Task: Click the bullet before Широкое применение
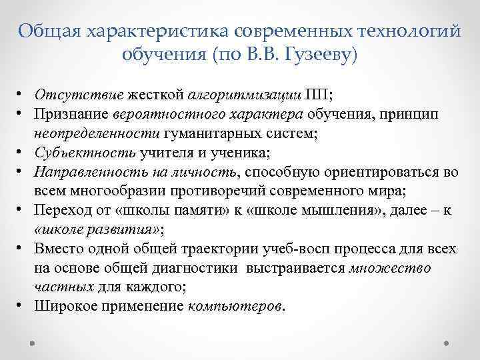(22, 307)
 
